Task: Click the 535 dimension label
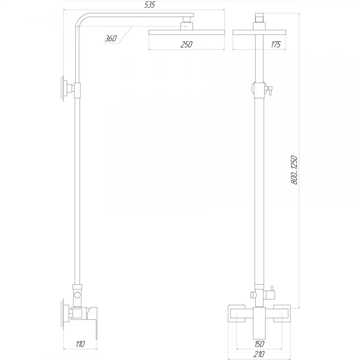pyautogui.click(x=150, y=5)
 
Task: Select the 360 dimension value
pyautogui.click(x=111, y=39)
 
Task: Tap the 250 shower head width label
pyautogui.click(x=186, y=44)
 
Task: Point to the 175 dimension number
pyautogui.click(x=275, y=44)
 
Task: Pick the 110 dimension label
pyautogui.click(x=80, y=344)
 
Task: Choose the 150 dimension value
pyautogui.click(x=259, y=344)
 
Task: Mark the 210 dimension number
pyautogui.click(x=259, y=354)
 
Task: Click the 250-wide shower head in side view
pyautogui.click(x=186, y=32)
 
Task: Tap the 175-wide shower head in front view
pyautogui.click(x=259, y=32)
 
